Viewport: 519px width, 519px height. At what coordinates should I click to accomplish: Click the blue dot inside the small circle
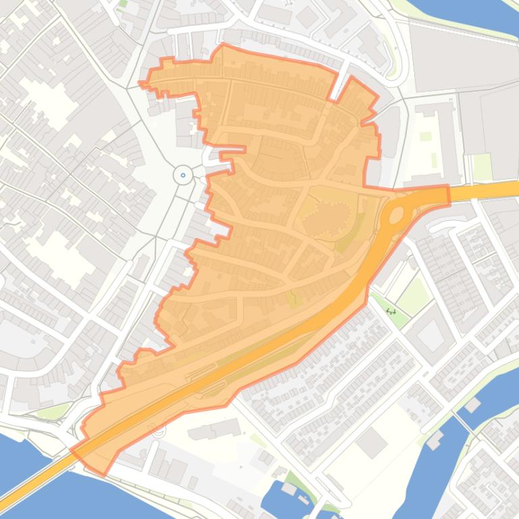(183, 175)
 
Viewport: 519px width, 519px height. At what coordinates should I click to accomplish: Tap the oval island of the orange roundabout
(396, 215)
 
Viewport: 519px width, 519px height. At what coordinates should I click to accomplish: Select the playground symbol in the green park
(391, 311)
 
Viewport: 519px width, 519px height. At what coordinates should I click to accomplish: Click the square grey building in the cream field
(371, 443)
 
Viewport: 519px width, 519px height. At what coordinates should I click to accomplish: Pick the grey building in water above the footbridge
(471, 405)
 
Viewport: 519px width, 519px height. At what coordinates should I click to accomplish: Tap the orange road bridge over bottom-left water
(40, 475)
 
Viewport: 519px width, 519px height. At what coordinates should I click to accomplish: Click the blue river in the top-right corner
(472, 13)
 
